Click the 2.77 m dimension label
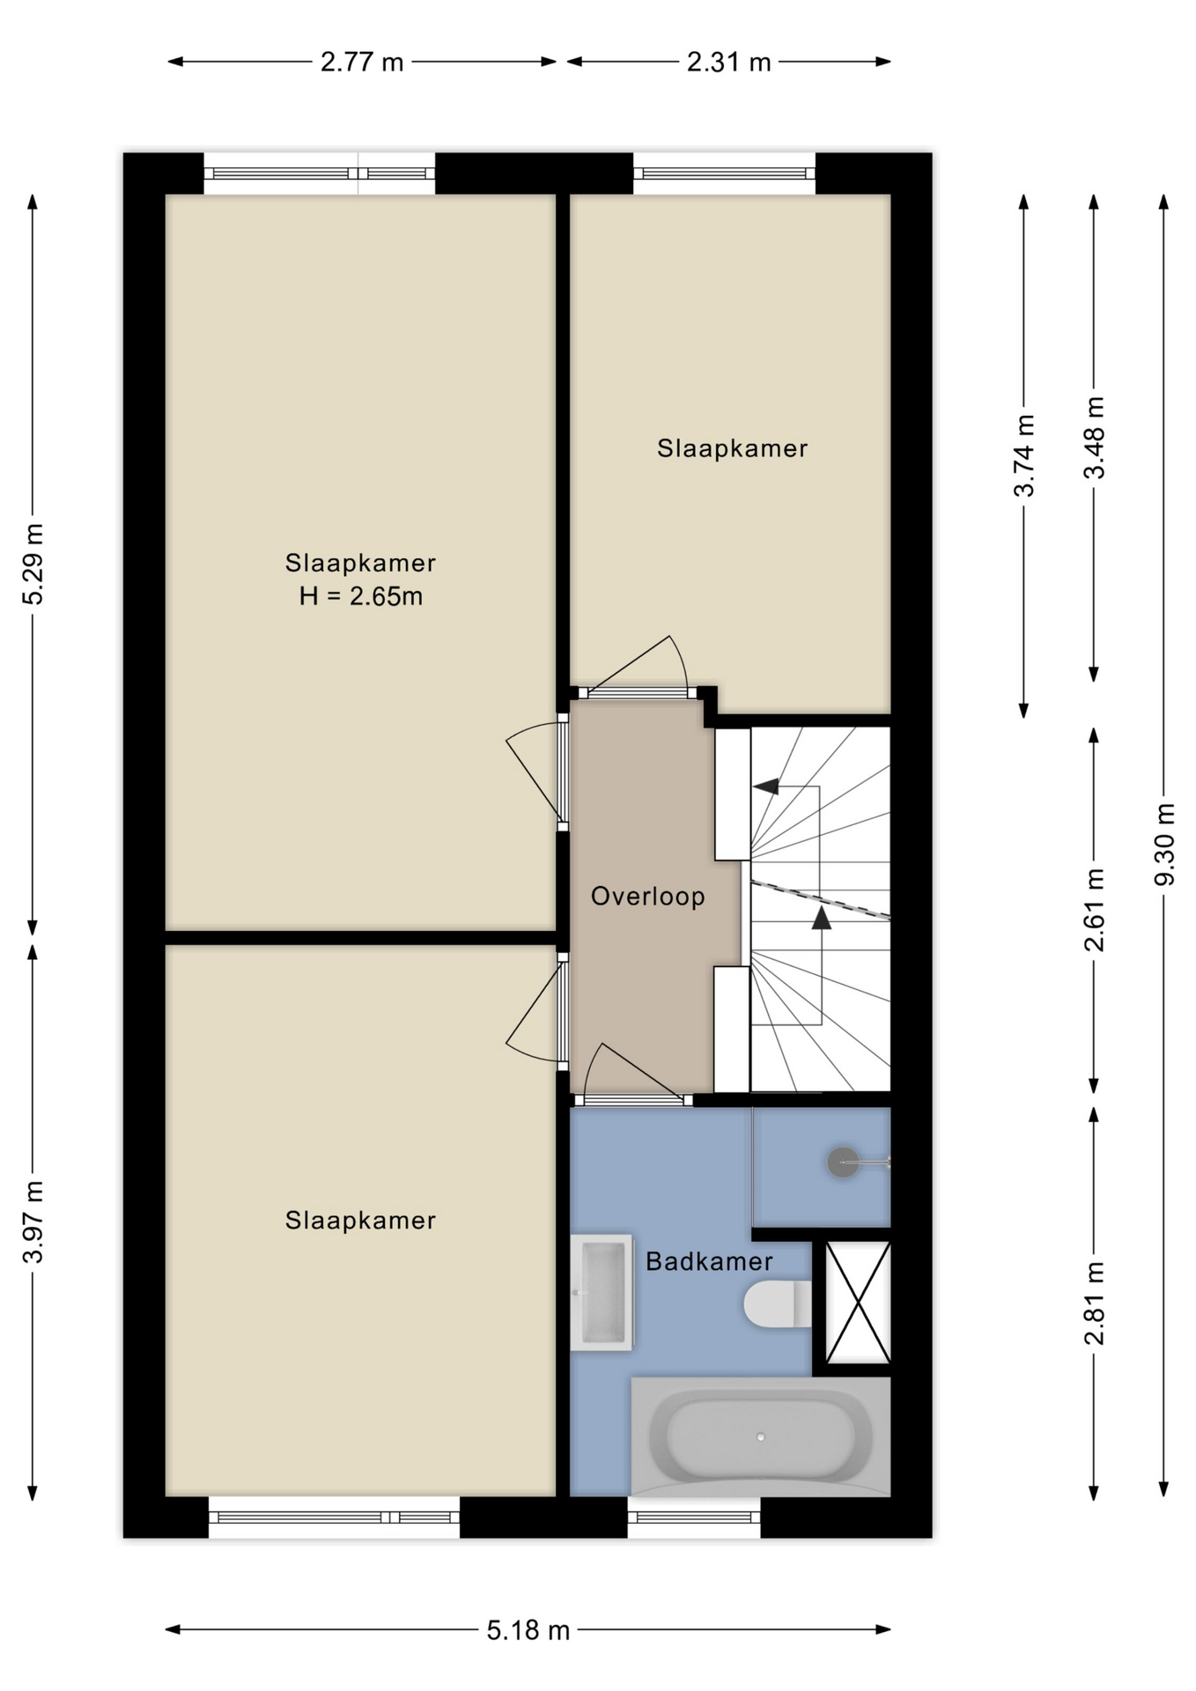click(x=361, y=63)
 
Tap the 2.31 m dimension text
click(x=728, y=63)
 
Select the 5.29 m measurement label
click(x=33, y=565)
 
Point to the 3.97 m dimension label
click(x=33, y=1222)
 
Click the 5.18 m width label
click(x=528, y=1630)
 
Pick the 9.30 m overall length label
click(x=1164, y=845)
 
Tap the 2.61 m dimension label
click(x=1094, y=910)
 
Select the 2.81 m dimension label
click(x=1094, y=1303)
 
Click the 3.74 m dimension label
click(x=1024, y=455)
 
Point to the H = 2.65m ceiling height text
click(x=361, y=596)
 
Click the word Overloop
click(x=647, y=897)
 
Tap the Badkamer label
click(x=709, y=1261)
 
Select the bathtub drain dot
click(x=760, y=1436)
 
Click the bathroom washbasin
click(x=602, y=1292)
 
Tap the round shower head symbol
click(x=843, y=1163)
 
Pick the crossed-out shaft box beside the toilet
click(x=858, y=1303)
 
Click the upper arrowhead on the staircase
click(x=766, y=786)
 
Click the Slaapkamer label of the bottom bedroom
click(x=360, y=1220)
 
